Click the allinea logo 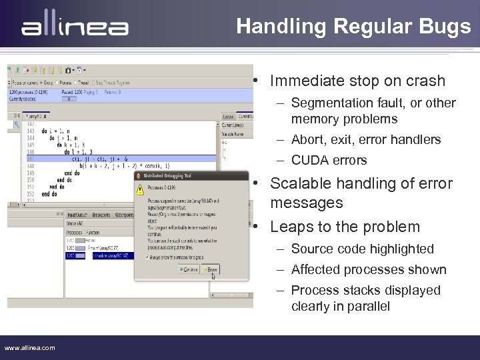[75, 27]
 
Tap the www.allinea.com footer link [30, 347]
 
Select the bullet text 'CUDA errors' [329, 160]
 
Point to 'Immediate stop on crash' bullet [357, 81]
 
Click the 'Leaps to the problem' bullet [345, 227]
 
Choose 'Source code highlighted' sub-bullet [362, 249]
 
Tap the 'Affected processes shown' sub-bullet [369, 269]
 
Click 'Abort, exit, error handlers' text [366, 139]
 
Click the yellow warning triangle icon [139, 190]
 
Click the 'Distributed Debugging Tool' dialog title [167, 175]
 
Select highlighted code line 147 [120, 159]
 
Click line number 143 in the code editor [31, 131]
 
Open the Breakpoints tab [101, 215]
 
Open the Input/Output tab [77, 215]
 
